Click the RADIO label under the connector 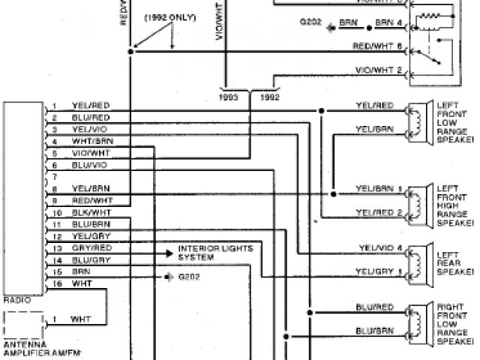tap(17, 299)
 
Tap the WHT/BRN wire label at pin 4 tap(91, 141)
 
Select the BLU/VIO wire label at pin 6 tap(90, 164)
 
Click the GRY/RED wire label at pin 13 tap(91, 247)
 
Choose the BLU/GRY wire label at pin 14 tap(91, 259)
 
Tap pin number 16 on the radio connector tap(57, 283)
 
